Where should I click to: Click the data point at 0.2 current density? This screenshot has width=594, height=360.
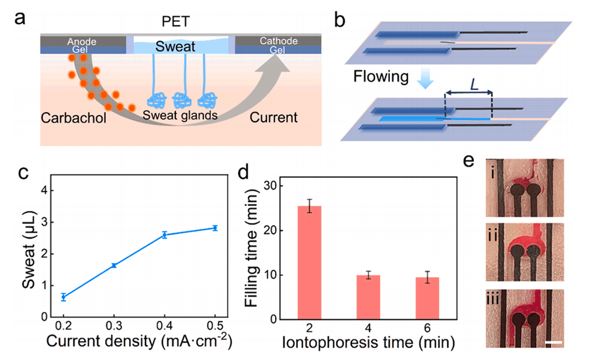tap(63, 297)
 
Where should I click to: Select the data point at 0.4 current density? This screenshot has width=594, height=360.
tap(164, 234)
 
